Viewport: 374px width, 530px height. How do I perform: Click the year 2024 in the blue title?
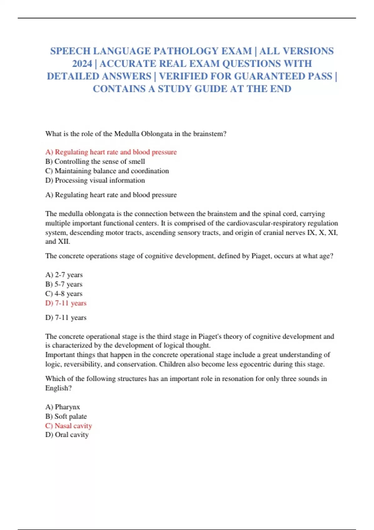82,64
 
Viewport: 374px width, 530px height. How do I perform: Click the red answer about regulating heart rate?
111,152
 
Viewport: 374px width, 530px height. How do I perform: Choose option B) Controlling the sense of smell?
95,161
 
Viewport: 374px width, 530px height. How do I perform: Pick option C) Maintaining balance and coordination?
107,171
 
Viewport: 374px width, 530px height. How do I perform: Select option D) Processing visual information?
95,180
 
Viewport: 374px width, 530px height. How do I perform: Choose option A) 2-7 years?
64,275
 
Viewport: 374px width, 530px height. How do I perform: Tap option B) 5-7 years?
64,284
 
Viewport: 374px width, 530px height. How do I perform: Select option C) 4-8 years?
64,293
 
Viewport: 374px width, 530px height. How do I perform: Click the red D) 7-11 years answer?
66,303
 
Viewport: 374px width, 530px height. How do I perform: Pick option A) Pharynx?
63,407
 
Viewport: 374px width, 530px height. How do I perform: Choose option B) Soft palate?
66,416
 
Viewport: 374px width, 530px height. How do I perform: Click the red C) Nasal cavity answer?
69,426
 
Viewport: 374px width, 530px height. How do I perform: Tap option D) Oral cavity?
67,435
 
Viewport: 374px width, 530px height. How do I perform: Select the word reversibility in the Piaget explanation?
83,364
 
